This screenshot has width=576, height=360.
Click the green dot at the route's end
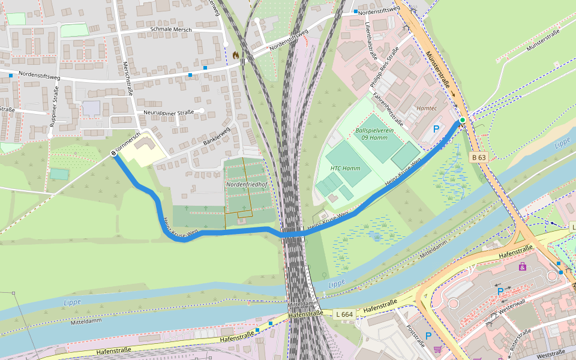click(463, 121)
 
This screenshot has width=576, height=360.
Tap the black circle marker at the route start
click(113, 154)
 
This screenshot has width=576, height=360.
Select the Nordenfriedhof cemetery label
click(246, 184)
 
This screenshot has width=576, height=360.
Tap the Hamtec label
click(427, 108)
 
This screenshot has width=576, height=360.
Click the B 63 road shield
click(478, 157)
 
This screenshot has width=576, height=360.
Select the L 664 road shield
click(345, 314)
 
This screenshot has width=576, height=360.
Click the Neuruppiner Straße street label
click(169, 112)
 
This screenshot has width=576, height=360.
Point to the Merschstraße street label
click(127, 78)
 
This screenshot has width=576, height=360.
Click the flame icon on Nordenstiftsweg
click(236, 55)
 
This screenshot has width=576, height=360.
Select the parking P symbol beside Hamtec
click(436, 128)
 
